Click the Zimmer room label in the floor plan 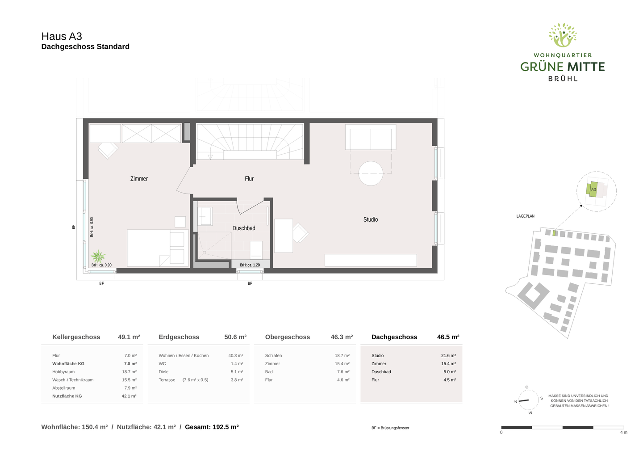[x=139, y=179]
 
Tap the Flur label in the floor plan [x=249, y=179]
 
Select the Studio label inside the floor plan [x=371, y=219]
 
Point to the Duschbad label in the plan [x=244, y=228]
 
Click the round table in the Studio [x=371, y=173]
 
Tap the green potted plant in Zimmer [x=98, y=257]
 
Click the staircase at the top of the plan [x=250, y=141]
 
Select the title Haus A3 [x=62, y=36]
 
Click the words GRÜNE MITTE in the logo [x=563, y=67]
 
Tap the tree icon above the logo [x=563, y=35]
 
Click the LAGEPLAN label [x=526, y=216]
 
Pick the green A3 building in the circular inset [x=593, y=189]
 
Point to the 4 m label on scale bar [x=623, y=432]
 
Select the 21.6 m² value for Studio [x=448, y=356]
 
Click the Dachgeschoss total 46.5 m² [x=448, y=337]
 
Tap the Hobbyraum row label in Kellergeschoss [x=63, y=372]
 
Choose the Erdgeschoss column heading [x=179, y=337]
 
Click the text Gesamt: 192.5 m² [x=212, y=427]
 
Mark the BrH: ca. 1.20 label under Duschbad [x=250, y=265]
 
